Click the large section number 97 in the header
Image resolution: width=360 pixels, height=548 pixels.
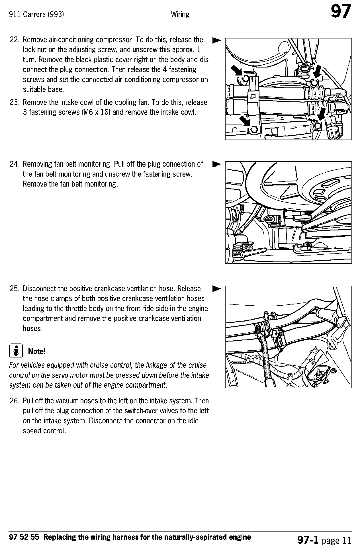coord(341,12)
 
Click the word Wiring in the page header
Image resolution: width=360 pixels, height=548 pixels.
coord(180,14)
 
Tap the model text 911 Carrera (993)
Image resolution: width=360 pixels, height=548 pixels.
coord(36,14)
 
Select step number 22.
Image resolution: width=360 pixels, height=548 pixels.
coord(14,40)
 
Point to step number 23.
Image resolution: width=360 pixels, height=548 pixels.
coord(14,102)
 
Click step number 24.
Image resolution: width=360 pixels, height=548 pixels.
coord(14,164)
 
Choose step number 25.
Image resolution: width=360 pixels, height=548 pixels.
coord(14,289)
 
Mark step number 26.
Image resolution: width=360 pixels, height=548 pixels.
coord(14,401)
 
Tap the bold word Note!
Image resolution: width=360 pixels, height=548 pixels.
coord(37,351)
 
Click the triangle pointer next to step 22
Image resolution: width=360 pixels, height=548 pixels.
coord(216,40)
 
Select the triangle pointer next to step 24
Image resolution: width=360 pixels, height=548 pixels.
coord(216,164)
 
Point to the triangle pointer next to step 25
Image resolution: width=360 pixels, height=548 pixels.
coord(216,289)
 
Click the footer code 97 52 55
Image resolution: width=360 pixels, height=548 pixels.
coord(26,537)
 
